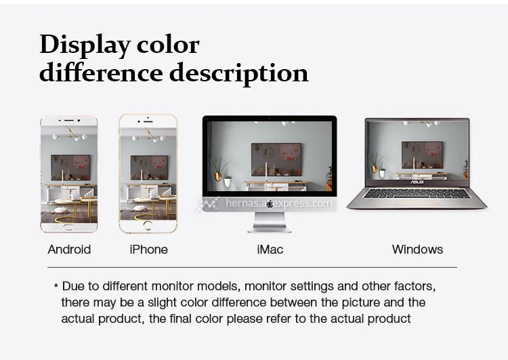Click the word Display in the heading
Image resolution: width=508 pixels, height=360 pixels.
click(84, 45)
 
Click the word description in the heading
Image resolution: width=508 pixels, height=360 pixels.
click(239, 73)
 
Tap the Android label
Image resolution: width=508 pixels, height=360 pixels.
click(69, 249)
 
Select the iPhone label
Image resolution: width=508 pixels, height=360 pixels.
click(149, 249)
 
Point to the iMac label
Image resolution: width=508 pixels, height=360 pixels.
click(270, 249)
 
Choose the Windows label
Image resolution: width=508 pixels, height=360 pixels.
click(417, 249)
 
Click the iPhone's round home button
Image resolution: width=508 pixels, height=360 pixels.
click(148, 225)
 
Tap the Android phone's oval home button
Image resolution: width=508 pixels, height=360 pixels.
click(68, 226)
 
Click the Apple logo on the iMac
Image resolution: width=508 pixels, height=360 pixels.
click(270, 203)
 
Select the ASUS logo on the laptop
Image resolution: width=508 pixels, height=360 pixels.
click(417, 182)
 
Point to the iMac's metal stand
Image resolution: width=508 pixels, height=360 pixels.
click(270, 222)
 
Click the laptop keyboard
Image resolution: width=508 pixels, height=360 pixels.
click(417, 193)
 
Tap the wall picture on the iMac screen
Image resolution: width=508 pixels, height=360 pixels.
click(276, 159)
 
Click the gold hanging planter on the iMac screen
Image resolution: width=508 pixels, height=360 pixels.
click(218, 177)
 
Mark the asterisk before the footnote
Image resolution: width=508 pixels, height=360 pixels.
click(56, 285)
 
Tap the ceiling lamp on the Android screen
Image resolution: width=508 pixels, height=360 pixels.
click(70, 134)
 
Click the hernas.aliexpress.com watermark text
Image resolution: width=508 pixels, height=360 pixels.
click(278, 203)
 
